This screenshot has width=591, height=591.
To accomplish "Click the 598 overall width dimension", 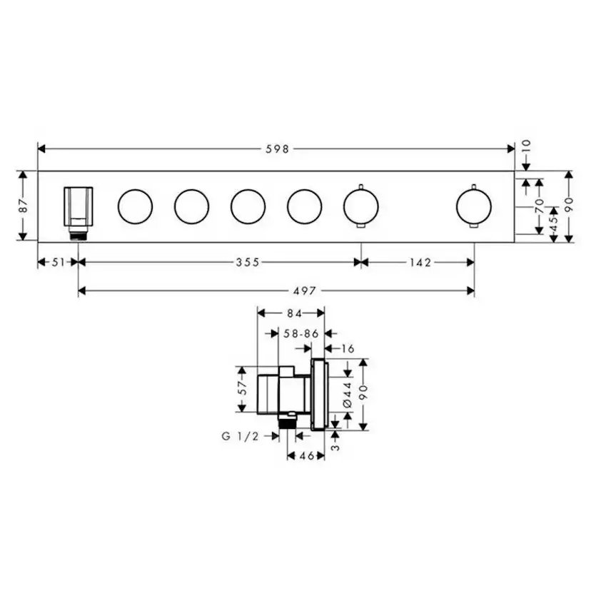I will coord(277,149).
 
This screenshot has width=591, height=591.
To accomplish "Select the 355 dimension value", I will coord(248,263).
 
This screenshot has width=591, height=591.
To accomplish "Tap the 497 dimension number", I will coord(305,291).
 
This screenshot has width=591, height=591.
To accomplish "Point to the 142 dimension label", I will coord(420,263).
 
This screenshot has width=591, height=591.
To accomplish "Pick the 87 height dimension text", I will coord(23,206).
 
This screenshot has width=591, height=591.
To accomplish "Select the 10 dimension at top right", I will coord(527,146).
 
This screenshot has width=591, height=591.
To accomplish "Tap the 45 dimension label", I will coord(554,225).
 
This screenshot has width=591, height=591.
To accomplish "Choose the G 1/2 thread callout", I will coord(240,437).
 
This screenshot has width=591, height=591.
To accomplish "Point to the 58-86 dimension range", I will coord(300,333).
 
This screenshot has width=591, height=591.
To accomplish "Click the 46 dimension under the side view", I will coord(305,455).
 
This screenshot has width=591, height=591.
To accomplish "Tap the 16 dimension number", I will coord(348,348).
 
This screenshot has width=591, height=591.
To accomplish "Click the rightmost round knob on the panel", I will coord(473,206).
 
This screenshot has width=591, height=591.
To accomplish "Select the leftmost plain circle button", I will coord(135,206).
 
